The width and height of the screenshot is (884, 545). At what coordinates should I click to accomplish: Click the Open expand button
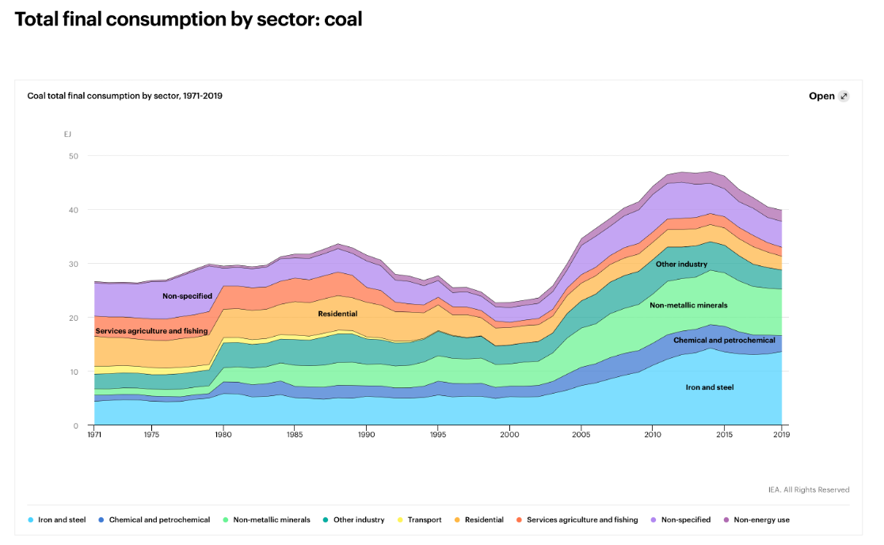pyautogui.click(x=829, y=96)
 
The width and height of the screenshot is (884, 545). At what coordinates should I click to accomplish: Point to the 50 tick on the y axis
pyautogui.click(x=74, y=156)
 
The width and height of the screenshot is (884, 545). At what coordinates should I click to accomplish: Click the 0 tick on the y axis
pyautogui.click(x=76, y=425)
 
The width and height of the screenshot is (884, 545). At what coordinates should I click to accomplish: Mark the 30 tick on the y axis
pyautogui.click(x=74, y=264)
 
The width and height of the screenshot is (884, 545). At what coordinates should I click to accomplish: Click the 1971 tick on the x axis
pyautogui.click(x=94, y=435)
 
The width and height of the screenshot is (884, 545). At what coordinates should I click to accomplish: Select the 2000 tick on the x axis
pyautogui.click(x=509, y=435)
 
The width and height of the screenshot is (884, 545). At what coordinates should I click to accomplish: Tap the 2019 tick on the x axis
pyautogui.click(x=782, y=435)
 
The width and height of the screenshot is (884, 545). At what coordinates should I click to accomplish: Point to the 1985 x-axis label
pyautogui.click(x=294, y=435)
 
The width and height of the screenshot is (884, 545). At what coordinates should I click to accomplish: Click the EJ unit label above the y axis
pyautogui.click(x=68, y=134)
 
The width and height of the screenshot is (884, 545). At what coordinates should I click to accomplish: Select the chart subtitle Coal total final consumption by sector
pyautogui.click(x=124, y=96)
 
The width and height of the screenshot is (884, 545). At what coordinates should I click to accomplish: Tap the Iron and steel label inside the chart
pyautogui.click(x=710, y=387)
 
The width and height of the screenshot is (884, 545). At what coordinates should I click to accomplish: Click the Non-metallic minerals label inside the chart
pyautogui.click(x=688, y=305)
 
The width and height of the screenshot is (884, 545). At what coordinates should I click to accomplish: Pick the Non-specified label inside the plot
pyautogui.click(x=187, y=296)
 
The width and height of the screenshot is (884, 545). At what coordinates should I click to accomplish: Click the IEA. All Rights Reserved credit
pyautogui.click(x=808, y=490)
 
